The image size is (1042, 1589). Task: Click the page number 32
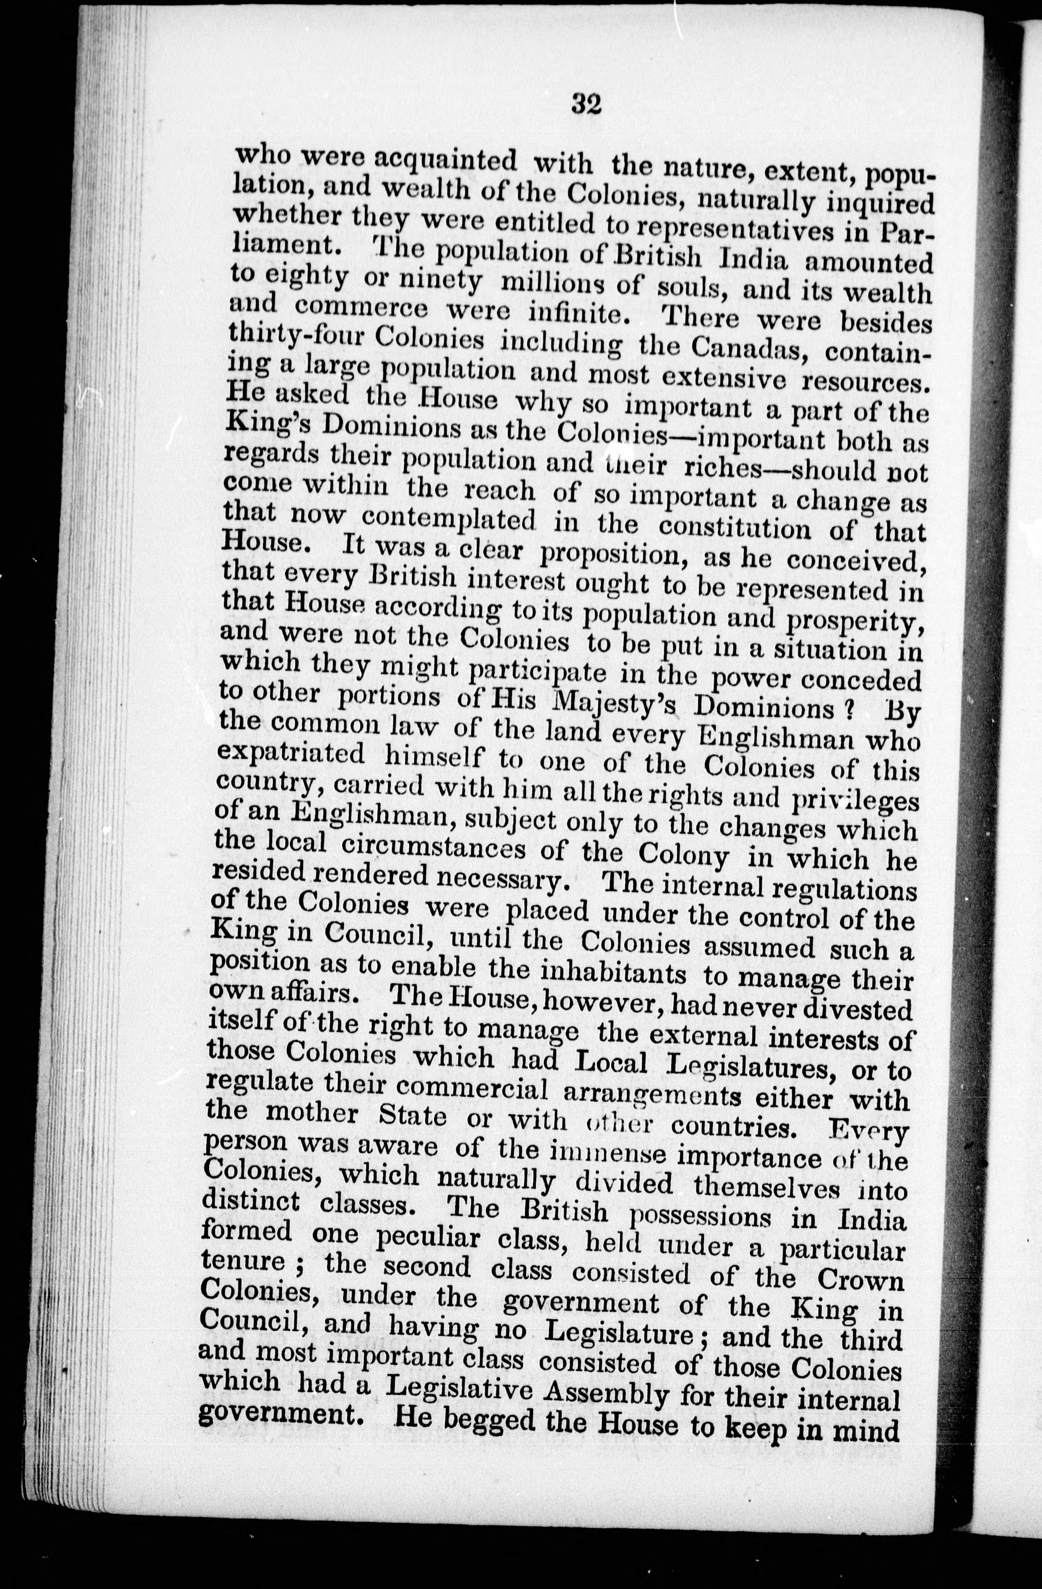click(x=587, y=105)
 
